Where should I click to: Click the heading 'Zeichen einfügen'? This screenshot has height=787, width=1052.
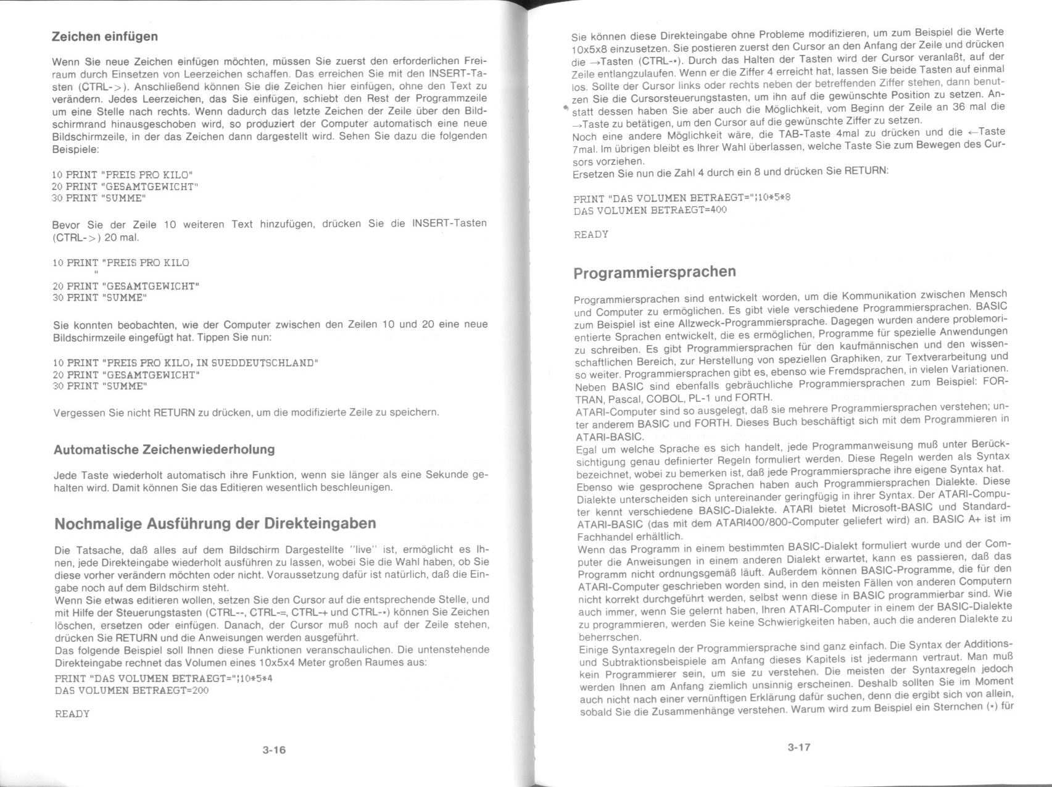pos(105,36)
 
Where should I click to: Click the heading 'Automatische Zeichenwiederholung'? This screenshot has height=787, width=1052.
pos(164,449)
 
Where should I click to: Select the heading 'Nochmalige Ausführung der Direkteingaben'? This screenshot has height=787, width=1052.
pos(215,523)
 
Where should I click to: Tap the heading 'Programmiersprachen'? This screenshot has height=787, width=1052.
pos(655,272)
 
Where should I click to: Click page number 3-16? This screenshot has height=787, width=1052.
pos(274,750)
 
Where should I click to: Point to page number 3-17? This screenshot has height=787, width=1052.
pos(798,747)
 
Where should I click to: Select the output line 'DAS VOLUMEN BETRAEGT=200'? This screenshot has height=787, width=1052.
pos(132,690)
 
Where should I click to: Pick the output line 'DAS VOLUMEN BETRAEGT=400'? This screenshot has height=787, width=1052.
pos(650,210)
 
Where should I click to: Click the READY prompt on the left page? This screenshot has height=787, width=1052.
pos(72,714)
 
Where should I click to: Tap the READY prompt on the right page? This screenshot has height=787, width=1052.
pos(591,235)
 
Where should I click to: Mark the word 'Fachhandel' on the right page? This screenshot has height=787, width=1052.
pos(600,536)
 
